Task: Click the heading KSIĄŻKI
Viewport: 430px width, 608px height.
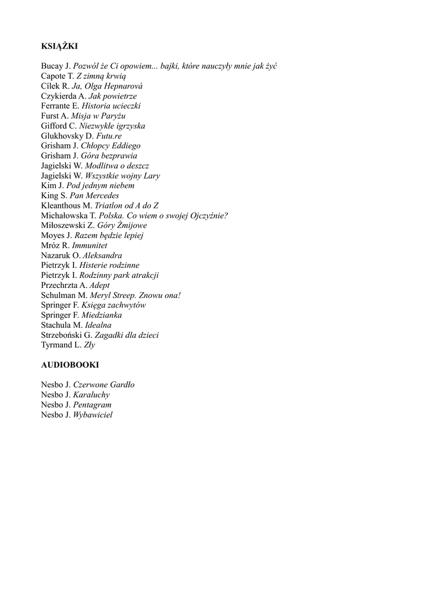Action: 59,46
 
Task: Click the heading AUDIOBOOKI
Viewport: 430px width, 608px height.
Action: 70,365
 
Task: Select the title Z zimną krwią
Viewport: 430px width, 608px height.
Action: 100,76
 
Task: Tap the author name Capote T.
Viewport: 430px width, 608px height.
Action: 57,76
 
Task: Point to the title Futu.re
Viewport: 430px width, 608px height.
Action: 105,135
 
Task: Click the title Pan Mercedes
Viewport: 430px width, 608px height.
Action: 94,195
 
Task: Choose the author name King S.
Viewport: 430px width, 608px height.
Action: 53,195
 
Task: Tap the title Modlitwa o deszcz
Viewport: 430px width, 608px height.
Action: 117,166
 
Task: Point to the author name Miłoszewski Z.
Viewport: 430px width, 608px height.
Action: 67,226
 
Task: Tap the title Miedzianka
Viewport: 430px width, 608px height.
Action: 102,315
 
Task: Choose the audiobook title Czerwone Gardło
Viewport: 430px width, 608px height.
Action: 103,385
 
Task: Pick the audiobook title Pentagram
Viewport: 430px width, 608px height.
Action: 92,405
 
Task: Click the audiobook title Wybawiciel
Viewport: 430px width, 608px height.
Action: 93,415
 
